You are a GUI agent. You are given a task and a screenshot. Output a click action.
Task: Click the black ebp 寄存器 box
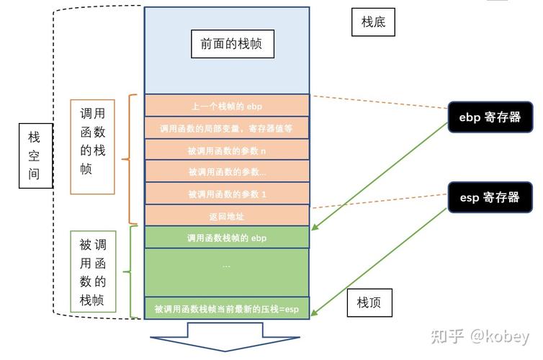pyautogui.click(x=490, y=117)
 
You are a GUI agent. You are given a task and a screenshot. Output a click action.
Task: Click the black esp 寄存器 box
pyautogui.click(x=490, y=197)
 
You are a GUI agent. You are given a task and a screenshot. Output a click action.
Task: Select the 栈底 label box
pyautogui.click(x=374, y=22)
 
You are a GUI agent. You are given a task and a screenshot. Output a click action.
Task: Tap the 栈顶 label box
pyautogui.click(x=369, y=303)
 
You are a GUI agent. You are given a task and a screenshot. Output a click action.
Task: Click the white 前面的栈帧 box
pyautogui.click(x=226, y=44)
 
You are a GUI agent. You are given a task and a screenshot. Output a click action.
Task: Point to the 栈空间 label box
pyautogui.click(x=35, y=155)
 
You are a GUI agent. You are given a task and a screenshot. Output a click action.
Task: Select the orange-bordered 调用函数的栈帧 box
pyautogui.click(x=92, y=147)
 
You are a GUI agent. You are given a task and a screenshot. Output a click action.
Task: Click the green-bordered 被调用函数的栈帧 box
pyautogui.click(x=92, y=271)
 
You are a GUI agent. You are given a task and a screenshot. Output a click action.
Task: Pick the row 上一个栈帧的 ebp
pyautogui.click(x=227, y=106)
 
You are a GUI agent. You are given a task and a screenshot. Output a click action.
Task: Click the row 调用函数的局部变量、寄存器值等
pyautogui.click(x=227, y=128)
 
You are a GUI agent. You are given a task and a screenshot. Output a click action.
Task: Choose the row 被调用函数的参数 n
pyautogui.click(x=227, y=150)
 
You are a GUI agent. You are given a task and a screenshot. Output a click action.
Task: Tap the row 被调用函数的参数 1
pyautogui.click(x=227, y=194)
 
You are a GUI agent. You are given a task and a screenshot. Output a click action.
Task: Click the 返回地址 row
pyautogui.click(x=227, y=215)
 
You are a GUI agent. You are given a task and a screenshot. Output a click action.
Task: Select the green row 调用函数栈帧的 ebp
pyautogui.click(x=227, y=237)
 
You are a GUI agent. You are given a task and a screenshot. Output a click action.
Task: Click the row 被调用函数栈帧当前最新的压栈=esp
pyautogui.click(x=227, y=309)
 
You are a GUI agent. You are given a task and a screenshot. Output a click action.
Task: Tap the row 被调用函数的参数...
pyautogui.click(x=227, y=171)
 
